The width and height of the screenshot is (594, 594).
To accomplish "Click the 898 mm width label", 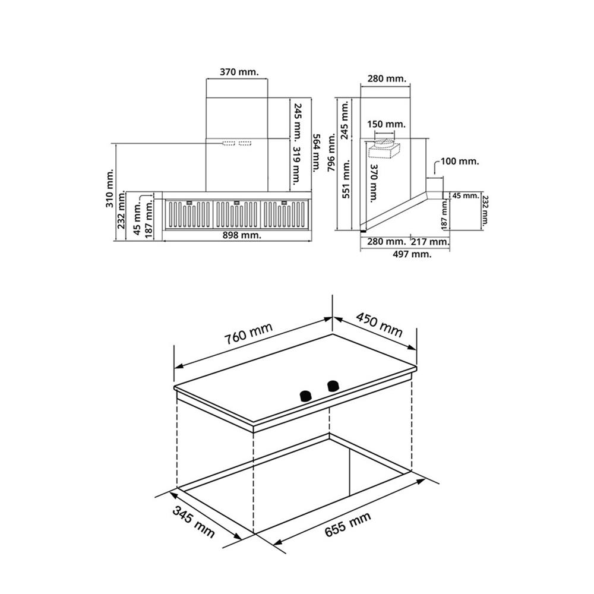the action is coord(242,235).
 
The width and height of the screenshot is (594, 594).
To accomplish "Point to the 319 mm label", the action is coord(296,166).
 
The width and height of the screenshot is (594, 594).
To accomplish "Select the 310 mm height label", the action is coord(109,188).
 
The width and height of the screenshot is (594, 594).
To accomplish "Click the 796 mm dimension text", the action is coord(332,152).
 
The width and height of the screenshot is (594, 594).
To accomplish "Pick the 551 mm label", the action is coord(346,179).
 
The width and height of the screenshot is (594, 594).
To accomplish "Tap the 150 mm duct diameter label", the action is coord(386,124).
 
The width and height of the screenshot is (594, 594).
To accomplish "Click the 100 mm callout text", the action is coord(460,162).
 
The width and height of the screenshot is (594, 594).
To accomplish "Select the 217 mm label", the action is coord(430,241).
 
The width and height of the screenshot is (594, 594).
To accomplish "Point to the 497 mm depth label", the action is coord(412,254).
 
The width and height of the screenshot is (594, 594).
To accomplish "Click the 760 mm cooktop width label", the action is coord(248,334).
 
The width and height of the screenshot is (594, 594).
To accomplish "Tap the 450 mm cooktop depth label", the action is coord(379,325).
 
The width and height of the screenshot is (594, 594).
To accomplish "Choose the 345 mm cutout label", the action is coord(194,522).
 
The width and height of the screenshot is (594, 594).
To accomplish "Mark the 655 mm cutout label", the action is coord(347,524).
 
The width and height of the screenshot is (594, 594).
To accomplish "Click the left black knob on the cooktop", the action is coord(305,396).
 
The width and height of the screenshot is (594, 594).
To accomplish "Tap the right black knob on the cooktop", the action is coord(333,386).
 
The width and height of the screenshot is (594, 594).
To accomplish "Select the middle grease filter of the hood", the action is coord(237,214).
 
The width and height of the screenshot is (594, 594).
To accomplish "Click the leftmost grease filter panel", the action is coord(189,214).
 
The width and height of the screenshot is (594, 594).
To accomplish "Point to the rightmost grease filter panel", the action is coord(284,214).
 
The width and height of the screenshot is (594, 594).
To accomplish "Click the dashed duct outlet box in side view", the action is coord(384,149).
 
